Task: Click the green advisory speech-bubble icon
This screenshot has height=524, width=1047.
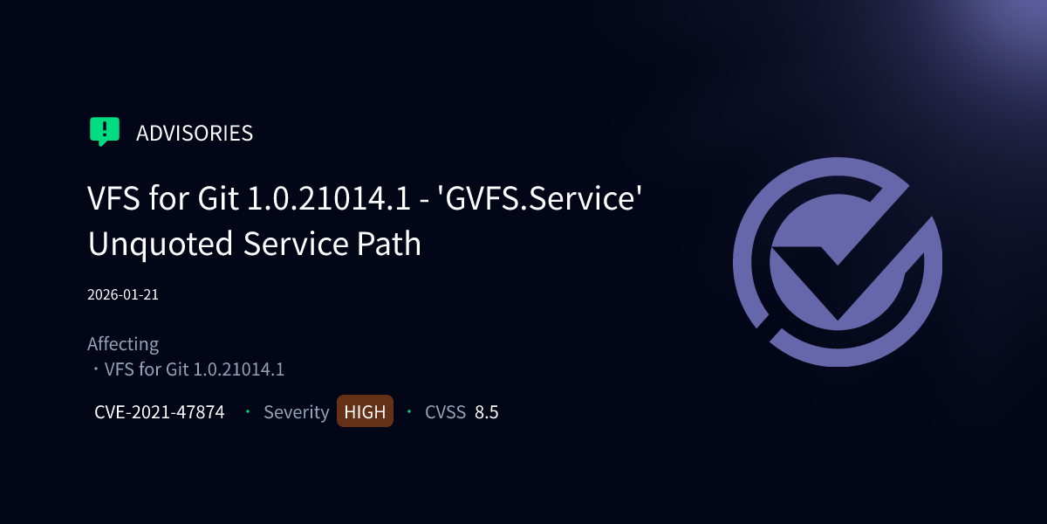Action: click(105, 131)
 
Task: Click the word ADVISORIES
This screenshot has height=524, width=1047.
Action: click(195, 133)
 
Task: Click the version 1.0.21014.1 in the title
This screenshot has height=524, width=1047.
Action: click(330, 198)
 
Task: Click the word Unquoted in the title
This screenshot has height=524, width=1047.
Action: click(161, 244)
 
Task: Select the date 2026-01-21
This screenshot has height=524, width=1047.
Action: click(123, 294)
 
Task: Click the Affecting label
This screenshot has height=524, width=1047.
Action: click(123, 344)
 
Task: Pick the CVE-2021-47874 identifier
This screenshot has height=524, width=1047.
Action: click(160, 412)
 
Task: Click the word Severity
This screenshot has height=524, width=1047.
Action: click(297, 412)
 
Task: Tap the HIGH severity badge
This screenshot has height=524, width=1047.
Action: click(365, 412)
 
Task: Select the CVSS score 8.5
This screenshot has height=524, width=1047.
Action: click(487, 412)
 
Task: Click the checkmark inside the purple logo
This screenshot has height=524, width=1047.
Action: click(838, 271)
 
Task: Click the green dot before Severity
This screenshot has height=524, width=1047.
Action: click(248, 411)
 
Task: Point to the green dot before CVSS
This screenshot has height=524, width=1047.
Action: click(409, 411)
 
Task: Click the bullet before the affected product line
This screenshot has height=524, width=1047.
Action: click(95, 369)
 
